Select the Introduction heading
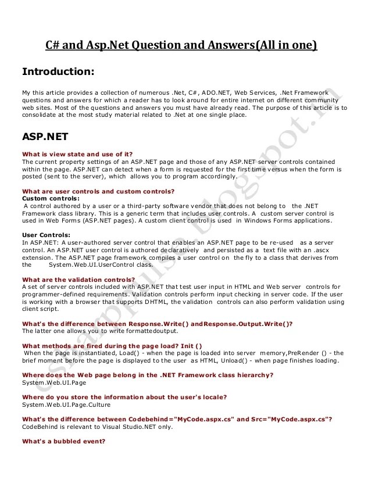pos(58,72)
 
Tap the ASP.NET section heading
pos(45,137)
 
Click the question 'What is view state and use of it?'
pos(77,154)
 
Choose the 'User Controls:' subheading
pos(46,235)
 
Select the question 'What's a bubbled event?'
pos(63,441)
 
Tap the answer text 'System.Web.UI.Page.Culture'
pos(66,404)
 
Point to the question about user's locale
pos(124,397)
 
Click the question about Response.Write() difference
pos(157,324)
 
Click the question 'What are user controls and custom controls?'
pos(98,191)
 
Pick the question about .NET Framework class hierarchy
pos(148,375)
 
